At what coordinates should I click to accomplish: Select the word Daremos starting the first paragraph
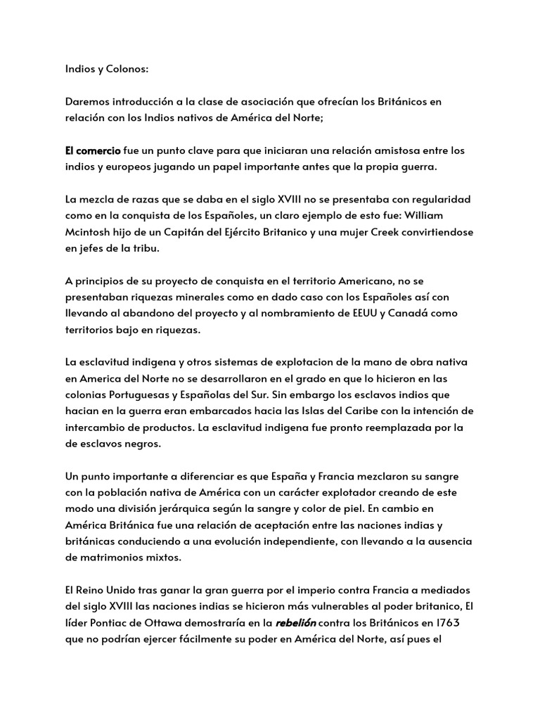tap(87, 102)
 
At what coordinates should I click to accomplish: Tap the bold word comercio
tap(101, 150)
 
